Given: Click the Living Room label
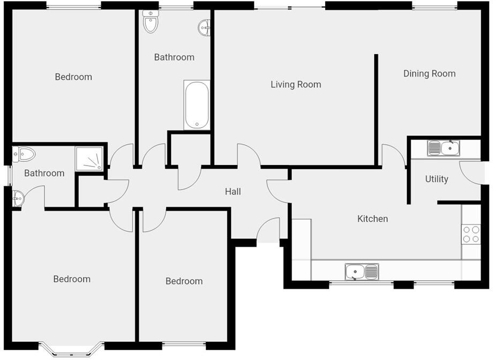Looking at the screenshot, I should (296, 84).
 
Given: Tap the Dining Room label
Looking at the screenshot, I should (429, 73).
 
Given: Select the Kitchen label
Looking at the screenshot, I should (372, 219).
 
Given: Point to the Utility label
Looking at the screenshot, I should (436, 179).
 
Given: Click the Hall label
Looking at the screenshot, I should (233, 191).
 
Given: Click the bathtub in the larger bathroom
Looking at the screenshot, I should (197, 105).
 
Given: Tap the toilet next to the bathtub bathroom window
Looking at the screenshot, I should (151, 22).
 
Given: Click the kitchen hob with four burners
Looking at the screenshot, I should (471, 234).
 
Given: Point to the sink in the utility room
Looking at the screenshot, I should (443, 148).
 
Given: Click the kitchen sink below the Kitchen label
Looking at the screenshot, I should (362, 272).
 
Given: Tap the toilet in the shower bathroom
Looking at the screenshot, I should (24, 155).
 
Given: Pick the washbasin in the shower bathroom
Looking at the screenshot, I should (18, 198).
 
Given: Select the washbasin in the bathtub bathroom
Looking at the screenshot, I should (205, 27).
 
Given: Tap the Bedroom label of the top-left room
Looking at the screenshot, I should (73, 77).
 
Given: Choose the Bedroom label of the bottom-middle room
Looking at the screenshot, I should (184, 281).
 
